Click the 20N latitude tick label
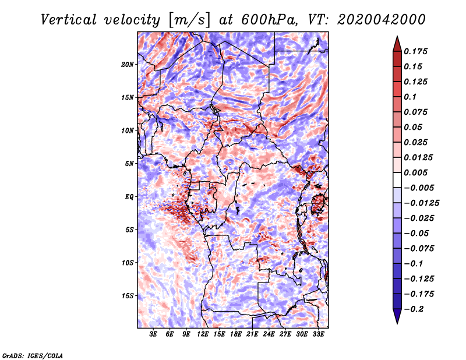tap(128, 64)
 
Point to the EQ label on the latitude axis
tap(129, 197)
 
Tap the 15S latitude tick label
tap(128, 296)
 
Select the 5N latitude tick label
tap(129, 164)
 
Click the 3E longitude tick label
tap(154, 334)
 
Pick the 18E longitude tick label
tap(236, 334)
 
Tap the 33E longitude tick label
tap(318, 334)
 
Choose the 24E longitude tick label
tap(269, 334)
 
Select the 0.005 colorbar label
tap(417, 172)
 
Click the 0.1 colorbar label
tap(411, 97)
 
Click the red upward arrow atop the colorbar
tap(397, 43)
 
